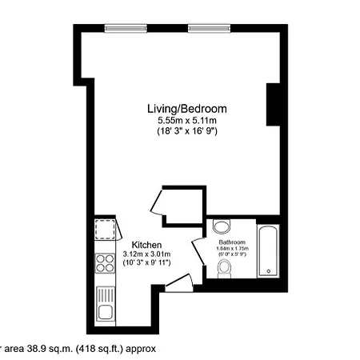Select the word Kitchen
[x=147, y=245]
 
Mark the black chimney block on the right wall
[x=273, y=105]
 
